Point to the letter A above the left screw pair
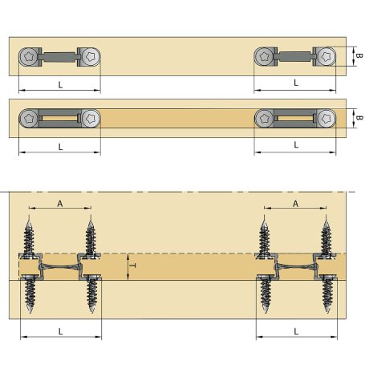(60, 204)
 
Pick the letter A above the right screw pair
(296, 204)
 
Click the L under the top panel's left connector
(60, 83)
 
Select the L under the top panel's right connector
(296, 83)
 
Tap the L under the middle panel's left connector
(60, 146)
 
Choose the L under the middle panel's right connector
(296, 145)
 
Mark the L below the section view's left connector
(60, 330)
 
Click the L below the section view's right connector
(296, 330)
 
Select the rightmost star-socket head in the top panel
(326, 57)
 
